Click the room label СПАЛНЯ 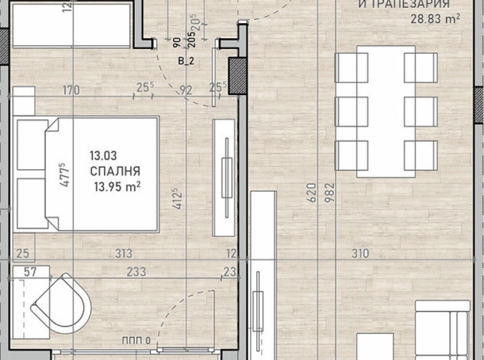point(115,171)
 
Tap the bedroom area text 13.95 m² point(116,186)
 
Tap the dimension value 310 point(360,254)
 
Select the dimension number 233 point(136,272)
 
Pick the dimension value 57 point(29,271)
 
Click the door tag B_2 point(186,61)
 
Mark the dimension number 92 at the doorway point(186,91)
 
